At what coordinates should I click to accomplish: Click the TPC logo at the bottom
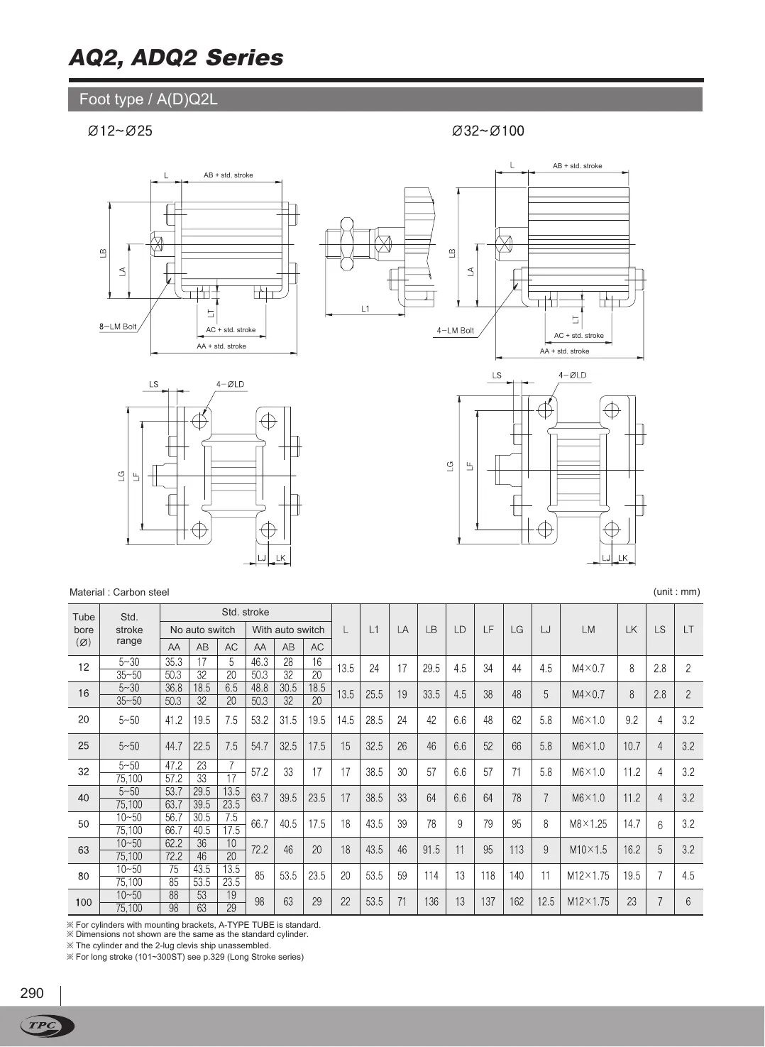tap(48, 1026)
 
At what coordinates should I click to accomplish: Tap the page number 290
tap(32, 993)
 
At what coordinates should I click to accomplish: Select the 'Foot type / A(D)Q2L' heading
tap(148, 99)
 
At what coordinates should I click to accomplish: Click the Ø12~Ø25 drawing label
tap(120, 131)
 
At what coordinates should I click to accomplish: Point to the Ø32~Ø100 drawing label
tap(488, 131)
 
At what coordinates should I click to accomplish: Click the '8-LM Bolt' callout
tap(118, 327)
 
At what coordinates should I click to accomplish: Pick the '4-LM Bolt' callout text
tap(455, 331)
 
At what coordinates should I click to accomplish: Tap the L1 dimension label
tap(365, 309)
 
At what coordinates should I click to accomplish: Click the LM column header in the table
tap(588, 630)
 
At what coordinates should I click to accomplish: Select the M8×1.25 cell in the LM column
tap(588, 824)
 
